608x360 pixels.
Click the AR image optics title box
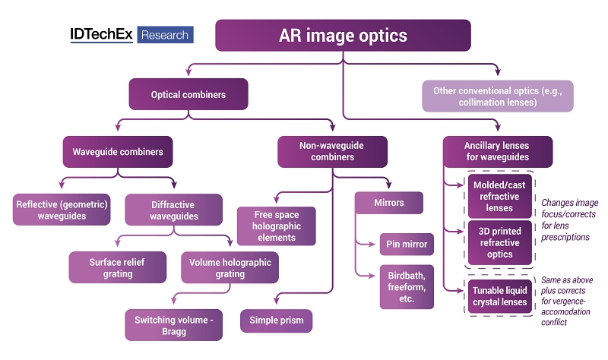(x=343, y=36)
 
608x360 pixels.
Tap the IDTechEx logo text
(x=101, y=35)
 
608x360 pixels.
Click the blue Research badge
(x=165, y=35)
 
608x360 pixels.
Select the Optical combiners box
(x=188, y=95)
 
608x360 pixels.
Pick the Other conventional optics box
(x=497, y=96)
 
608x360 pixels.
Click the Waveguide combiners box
(x=118, y=152)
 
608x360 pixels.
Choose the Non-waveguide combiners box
(x=332, y=152)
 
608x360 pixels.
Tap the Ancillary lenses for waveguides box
(x=497, y=152)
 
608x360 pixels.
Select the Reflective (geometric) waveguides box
(x=62, y=210)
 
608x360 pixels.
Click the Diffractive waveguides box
(x=173, y=210)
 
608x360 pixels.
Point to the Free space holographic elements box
(x=276, y=226)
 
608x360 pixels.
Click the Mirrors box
(x=388, y=204)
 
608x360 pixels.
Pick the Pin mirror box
(x=407, y=245)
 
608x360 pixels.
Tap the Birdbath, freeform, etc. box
(x=407, y=286)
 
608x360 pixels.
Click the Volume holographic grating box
(x=230, y=267)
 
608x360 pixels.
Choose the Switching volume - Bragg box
(x=173, y=324)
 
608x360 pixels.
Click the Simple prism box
(x=277, y=321)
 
